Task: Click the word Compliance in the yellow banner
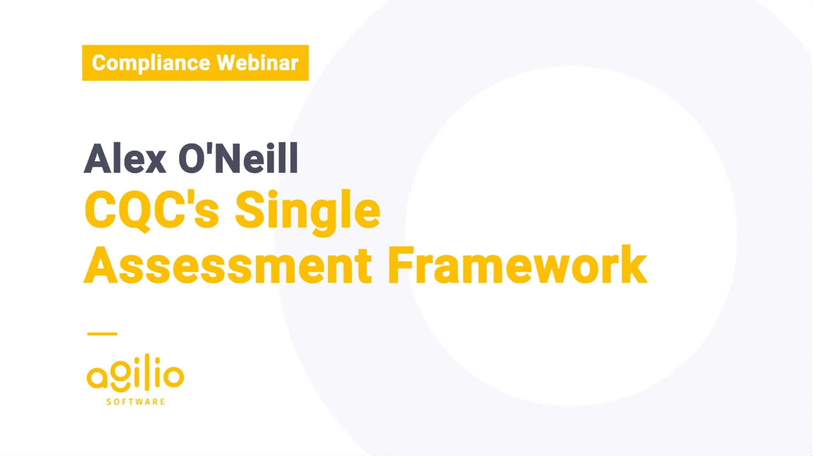[x=151, y=63]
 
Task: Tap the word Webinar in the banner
[x=258, y=63]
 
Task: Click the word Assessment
[x=228, y=266]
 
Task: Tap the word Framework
[x=518, y=265]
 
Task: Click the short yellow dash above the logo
[x=102, y=334]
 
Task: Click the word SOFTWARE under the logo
[x=136, y=402]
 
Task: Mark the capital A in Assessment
[x=100, y=265]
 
